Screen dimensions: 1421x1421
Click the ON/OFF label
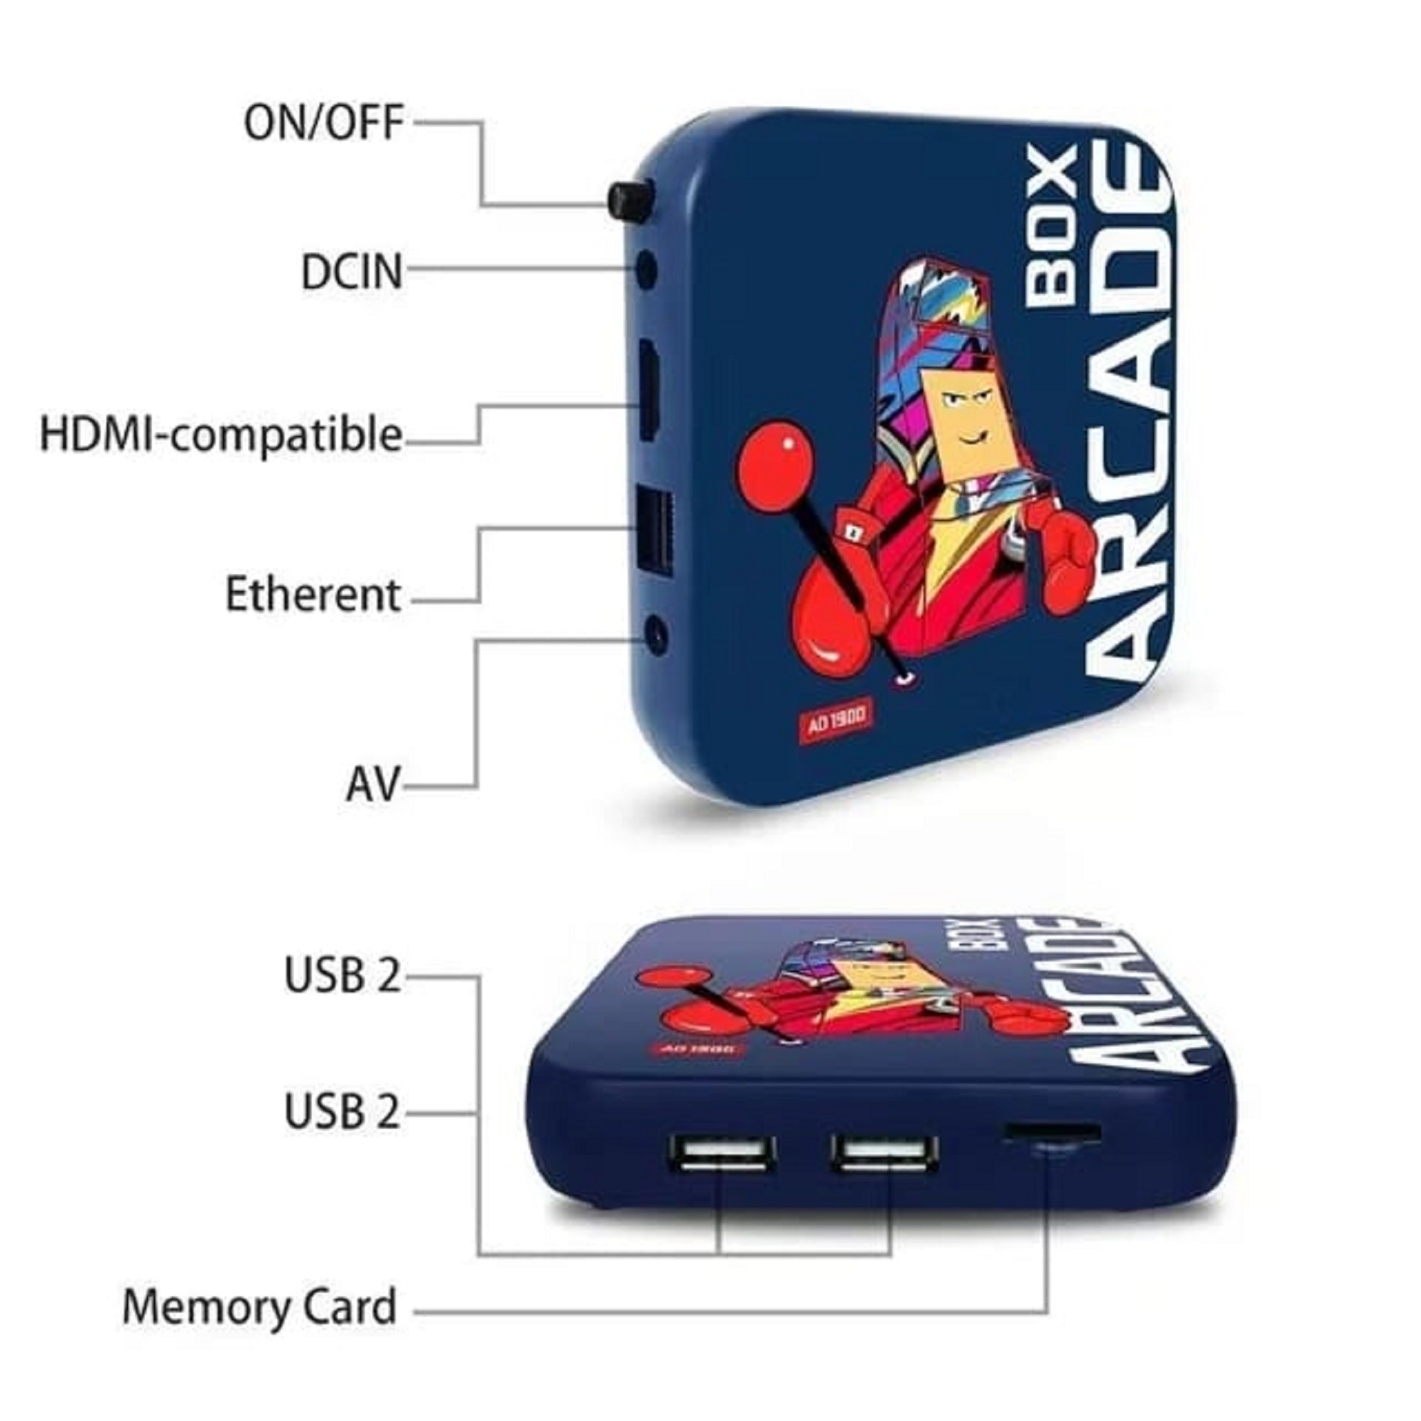pyautogui.click(x=323, y=123)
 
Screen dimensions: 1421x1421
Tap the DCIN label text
pyautogui.click(x=352, y=271)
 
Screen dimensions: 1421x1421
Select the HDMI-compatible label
pyautogui.click(x=221, y=435)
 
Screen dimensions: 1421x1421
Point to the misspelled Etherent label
pyautogui.click(x=313, y=594)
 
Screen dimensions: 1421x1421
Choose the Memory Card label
pyautogui.click(x=259, y=1307)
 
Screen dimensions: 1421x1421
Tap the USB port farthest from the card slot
pyautogui.click(x=723, y=1154)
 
